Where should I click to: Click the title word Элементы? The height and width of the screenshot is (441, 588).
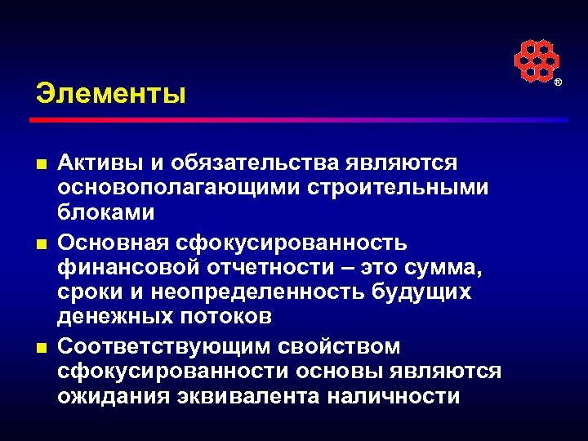tap(111, 92)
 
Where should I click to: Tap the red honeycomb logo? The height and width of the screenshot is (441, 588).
tap(536, 61)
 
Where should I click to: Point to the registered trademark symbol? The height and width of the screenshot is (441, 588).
tap(559, 83)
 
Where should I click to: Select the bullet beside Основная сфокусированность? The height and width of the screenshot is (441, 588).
tap(41, 244)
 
